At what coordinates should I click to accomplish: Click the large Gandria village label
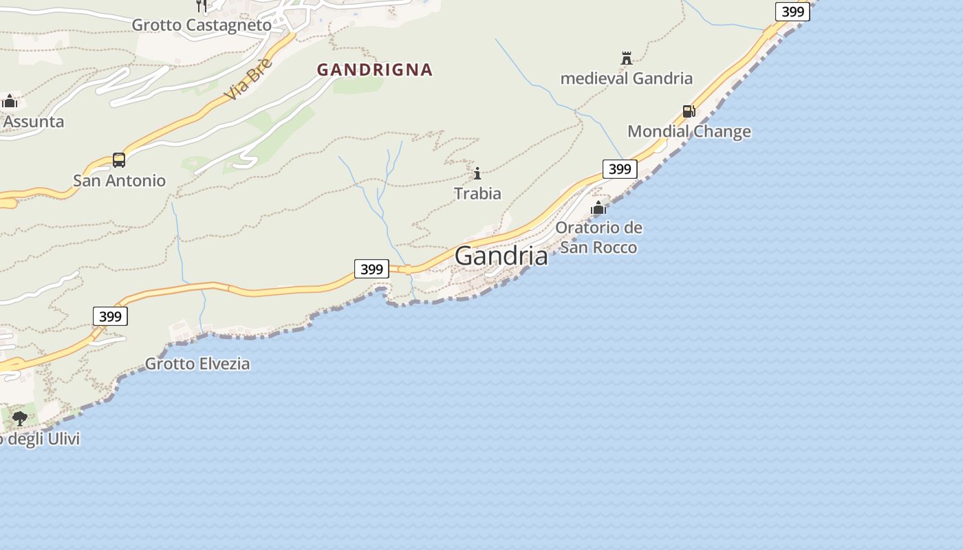coord(501,256)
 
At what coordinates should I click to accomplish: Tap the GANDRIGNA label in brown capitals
coord(375,69)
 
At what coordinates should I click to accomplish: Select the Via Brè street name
coord(248,79)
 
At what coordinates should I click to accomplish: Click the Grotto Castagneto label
coord(202,25)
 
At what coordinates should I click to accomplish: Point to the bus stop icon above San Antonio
coord(119,160)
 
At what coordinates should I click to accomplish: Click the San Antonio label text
coord(119,181)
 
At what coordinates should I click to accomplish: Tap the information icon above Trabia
coord(477,173)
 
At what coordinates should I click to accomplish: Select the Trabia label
coord(477,194)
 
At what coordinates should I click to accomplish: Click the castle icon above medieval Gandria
coord(626,58)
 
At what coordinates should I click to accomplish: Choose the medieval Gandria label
coord(626,78)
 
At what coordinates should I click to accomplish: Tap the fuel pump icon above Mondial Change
coord(689,111)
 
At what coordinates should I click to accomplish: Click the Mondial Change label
coord(689,131)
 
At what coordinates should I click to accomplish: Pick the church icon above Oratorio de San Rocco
coord(598,207)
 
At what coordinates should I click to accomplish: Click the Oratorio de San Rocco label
coord(598,237)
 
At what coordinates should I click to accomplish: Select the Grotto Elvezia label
coord(197,364)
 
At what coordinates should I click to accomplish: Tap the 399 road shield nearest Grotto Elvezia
coord(110,316)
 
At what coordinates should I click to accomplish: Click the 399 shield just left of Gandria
coord(371,269)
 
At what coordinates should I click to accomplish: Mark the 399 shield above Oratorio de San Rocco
coord(620,168)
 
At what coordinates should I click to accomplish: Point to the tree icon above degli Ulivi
coord(19,417)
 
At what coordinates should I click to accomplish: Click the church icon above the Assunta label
coord(10,101)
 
